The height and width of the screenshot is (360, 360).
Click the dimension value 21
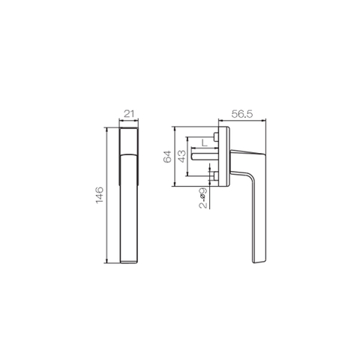pos(128,114)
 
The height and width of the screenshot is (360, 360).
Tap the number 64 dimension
pos(168,156)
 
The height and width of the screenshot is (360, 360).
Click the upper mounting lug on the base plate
pos(215,137)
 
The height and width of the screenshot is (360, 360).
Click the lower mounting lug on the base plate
pos(215,176)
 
